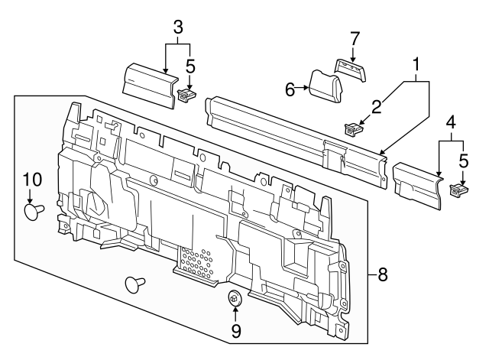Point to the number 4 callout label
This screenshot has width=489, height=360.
[x=451, y=122]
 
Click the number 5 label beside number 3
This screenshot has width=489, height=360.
[x=191, y=66]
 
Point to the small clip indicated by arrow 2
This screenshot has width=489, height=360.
[x=352, y=129]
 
